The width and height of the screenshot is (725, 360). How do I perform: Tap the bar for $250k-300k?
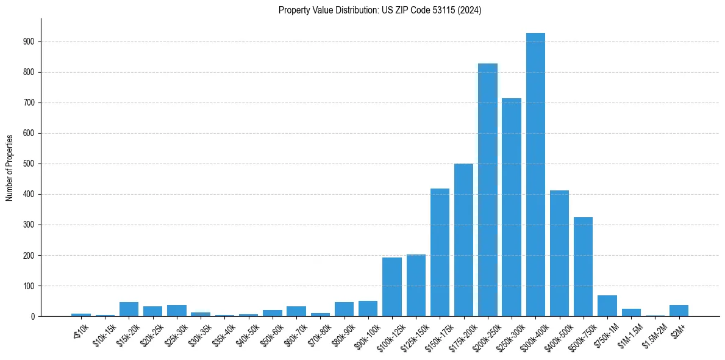tap(512, 207)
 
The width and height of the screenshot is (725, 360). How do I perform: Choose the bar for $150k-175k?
tap(440, 253)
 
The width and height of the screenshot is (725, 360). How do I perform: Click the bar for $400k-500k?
tap(559, 253)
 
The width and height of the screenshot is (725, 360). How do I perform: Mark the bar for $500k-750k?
tap(584, 267)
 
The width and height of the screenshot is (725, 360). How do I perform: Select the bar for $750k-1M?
tap(607, 306)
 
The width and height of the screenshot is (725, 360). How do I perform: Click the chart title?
tap(380, 10)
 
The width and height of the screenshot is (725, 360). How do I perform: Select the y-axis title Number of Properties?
tap(9, 167)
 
